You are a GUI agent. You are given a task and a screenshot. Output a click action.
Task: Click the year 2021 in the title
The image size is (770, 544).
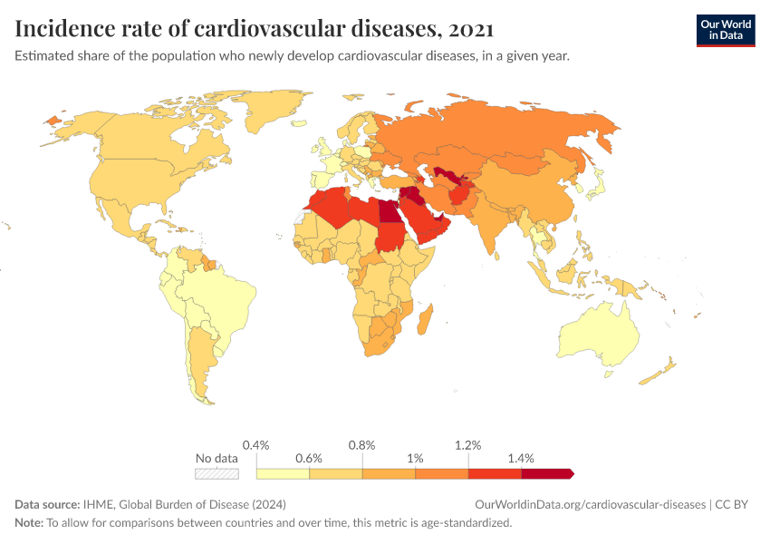coord(471,29)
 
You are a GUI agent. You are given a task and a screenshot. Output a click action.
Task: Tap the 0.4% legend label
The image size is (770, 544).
coord(256,445)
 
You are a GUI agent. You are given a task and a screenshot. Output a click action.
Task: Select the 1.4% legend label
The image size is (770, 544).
coord(521,458)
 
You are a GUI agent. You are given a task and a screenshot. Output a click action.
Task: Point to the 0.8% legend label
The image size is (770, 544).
coord(362,445)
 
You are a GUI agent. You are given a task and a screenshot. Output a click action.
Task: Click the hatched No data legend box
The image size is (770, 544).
coord(217,473)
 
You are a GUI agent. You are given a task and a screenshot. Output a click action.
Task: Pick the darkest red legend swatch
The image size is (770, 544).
coord(546,473)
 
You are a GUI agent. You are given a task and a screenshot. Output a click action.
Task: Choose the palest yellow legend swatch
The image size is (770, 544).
coord(283,473)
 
